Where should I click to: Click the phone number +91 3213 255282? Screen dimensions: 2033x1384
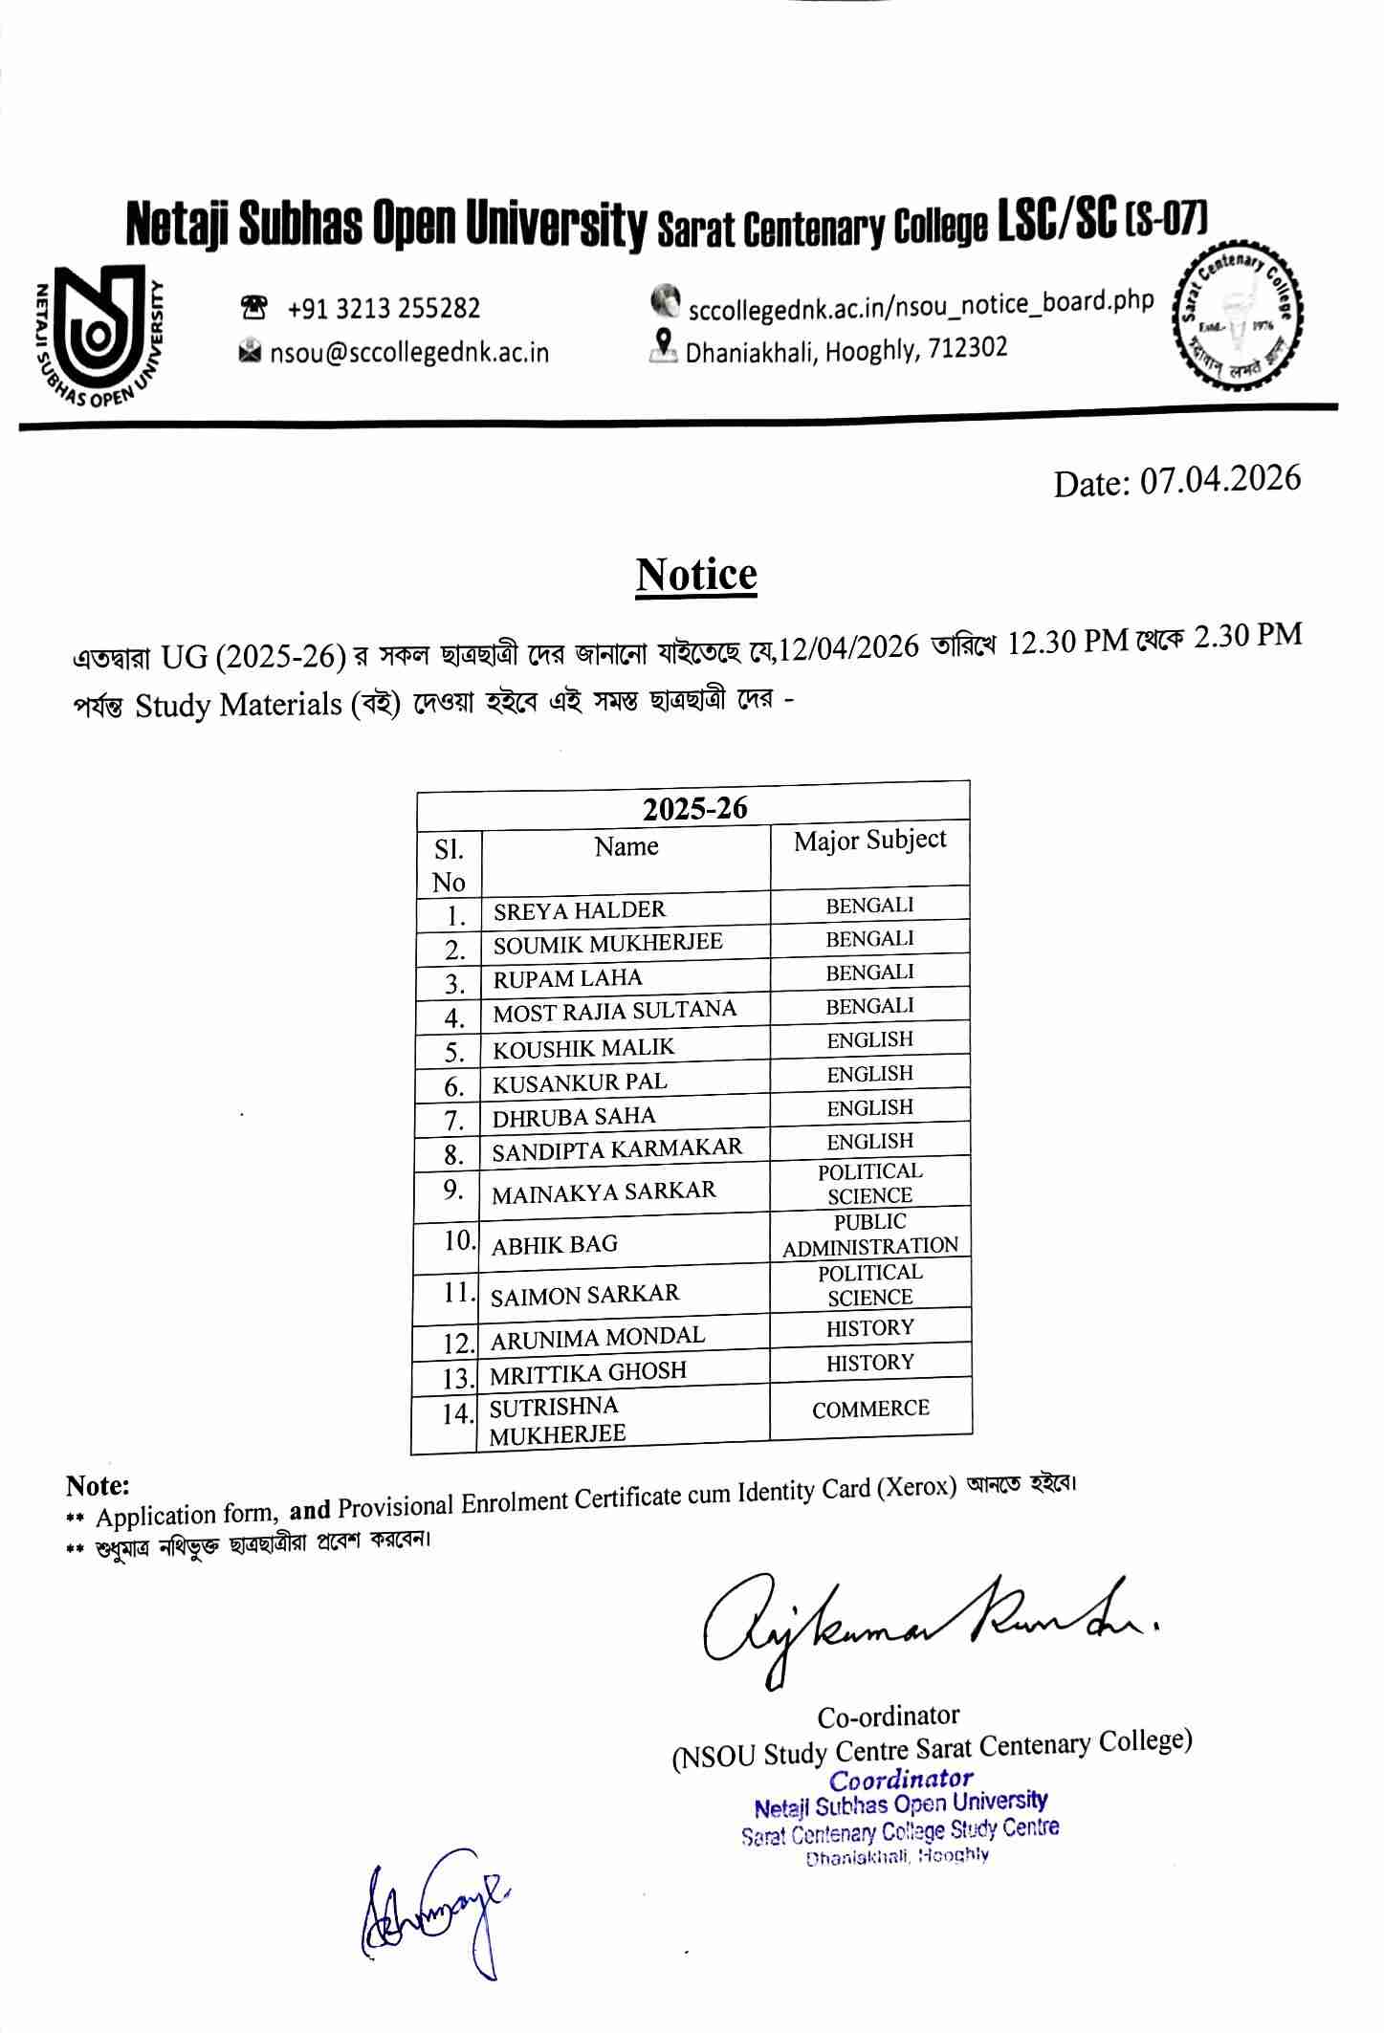(x=383, y=308)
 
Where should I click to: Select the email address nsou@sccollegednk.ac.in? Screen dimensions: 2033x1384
(x=408, y=352)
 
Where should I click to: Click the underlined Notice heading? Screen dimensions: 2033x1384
(x=696, y=576)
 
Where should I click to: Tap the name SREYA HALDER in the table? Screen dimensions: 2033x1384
(x=579, y=909)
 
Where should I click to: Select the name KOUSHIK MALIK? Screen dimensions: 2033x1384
(x=583, y=1048)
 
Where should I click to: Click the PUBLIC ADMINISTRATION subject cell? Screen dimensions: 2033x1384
(x=869, y=1235)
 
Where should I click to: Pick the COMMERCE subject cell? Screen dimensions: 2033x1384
(x=870, y=1409)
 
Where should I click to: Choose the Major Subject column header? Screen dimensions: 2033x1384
(x=869, y=840)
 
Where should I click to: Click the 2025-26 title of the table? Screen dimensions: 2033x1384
(x=694, y=809)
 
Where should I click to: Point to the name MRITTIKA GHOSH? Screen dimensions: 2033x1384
(x=587, y=1372)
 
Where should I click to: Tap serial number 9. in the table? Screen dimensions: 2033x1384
(x=454, y=1190)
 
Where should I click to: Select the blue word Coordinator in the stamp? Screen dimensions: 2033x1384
(x=900, y=1780)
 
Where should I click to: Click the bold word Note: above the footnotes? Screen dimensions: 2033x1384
(x=98, y=1485)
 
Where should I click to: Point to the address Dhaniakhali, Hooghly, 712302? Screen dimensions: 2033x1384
(x=846, y=349)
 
